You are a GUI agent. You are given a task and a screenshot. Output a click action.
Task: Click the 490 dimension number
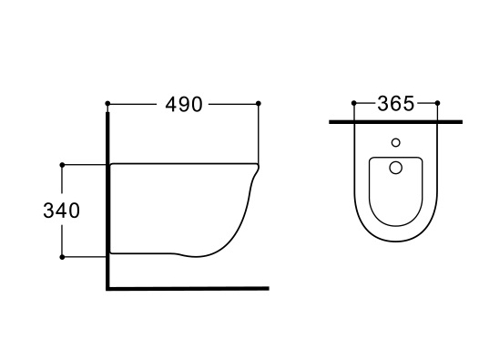184,104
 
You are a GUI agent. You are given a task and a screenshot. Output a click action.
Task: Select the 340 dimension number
62,211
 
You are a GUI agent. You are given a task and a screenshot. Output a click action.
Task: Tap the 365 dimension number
396,103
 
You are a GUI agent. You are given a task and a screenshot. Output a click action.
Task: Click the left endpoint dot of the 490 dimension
107,103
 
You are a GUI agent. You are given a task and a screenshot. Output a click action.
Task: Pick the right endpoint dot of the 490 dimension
258,103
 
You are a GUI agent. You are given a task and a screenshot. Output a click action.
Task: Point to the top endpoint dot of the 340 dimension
62,165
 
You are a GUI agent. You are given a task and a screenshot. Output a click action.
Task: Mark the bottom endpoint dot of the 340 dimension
62,257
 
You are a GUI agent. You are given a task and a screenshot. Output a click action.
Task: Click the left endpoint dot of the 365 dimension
354,103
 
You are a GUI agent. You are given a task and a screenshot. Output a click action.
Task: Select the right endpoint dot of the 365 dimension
437,103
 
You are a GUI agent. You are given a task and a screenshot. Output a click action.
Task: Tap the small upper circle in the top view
396,142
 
